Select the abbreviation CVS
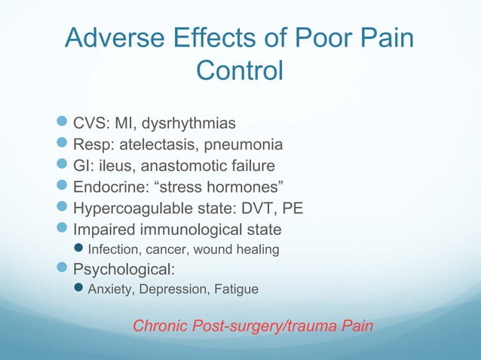point(92,123)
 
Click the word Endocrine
point(109,186)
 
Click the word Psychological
point(124,269)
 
